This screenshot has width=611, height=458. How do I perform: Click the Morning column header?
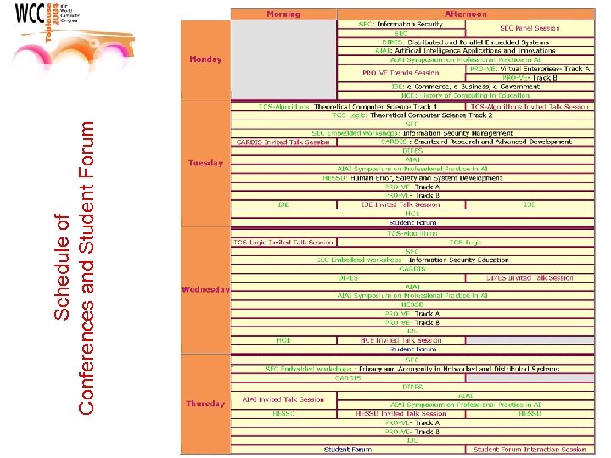click(x=283, y=14)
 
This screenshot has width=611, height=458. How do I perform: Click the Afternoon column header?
click(x=465, y=14)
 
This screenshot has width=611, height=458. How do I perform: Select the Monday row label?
click(x=205, y=59)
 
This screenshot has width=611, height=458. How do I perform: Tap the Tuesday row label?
click(x=205, y=163)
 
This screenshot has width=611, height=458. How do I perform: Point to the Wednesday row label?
click(x=205, y=290)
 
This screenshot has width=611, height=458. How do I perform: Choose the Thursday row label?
click(x=205, y=404)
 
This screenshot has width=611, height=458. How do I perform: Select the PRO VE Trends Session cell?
click(x=401, y=73)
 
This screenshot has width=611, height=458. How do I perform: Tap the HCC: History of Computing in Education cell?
click(x=465, y=96)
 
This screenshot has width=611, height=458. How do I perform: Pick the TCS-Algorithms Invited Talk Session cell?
click(x=530, y=107)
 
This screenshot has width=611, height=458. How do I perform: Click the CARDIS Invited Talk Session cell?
click(x=283, y=142)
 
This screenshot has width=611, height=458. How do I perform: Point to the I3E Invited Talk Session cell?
click(x=401, y=204)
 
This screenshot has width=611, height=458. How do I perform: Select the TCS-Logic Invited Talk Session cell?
click(x=283, y=243)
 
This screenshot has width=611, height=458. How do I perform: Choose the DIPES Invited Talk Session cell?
click(x=530, y=278)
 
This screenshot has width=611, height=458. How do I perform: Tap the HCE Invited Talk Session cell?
click(x=401, y=340)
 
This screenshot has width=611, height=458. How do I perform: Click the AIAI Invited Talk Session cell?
click(x=283, y=399)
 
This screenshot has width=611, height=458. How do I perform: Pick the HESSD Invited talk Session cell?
click(x=401, y=414)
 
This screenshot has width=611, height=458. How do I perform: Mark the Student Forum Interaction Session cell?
click(x=530, y=450)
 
